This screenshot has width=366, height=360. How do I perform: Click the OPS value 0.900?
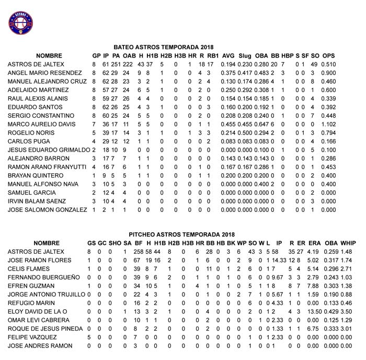[x=328, y=73]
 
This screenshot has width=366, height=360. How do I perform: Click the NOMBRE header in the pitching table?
[x=46, y=243]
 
